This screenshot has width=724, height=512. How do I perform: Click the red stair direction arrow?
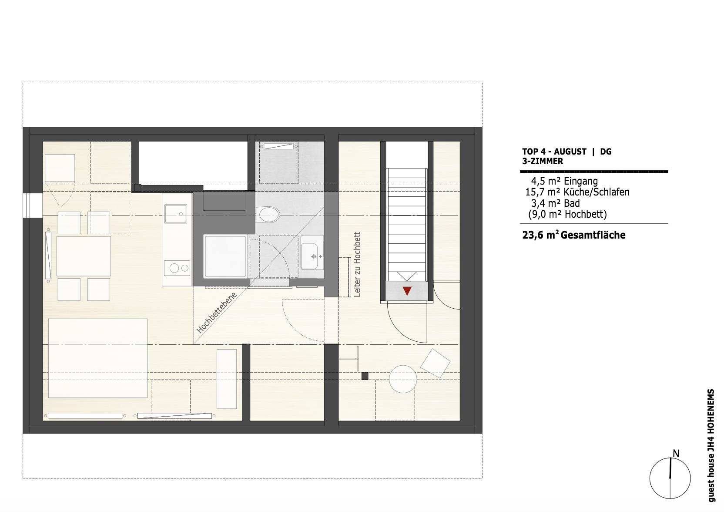(407, 291)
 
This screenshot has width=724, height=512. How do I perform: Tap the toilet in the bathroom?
(268, 215)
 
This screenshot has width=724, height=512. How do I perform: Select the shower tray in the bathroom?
(225, 256)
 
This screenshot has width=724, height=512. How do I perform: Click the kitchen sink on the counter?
(175, 214)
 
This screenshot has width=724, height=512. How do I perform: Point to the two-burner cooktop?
(177, 268)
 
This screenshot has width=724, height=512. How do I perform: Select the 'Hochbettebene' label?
(217, 313)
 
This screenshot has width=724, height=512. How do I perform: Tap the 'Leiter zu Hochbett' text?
(357, 264)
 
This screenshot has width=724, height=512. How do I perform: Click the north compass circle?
(670, 478)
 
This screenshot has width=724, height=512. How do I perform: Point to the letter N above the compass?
(676, 454)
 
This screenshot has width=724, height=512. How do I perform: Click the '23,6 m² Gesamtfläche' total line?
(574, 235)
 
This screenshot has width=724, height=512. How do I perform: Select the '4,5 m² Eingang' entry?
(564, 181)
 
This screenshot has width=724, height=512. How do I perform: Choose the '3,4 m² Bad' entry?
(556, 203)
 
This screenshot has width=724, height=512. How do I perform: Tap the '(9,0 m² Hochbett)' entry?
(567, 215)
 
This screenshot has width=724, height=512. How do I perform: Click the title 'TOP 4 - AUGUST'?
(554, 152)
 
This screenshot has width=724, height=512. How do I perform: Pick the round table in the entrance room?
(403, 379)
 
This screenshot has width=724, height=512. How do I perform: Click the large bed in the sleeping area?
(98, 358)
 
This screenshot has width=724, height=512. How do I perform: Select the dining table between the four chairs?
(84, 256)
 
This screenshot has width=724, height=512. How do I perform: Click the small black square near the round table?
(365, 376)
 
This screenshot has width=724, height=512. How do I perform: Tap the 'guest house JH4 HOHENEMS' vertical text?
(711, 446)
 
